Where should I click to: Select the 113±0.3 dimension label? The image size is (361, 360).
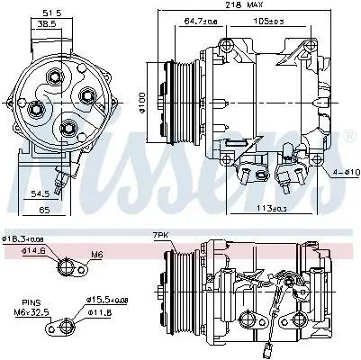pyautogui.click(x=264, y=210)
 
